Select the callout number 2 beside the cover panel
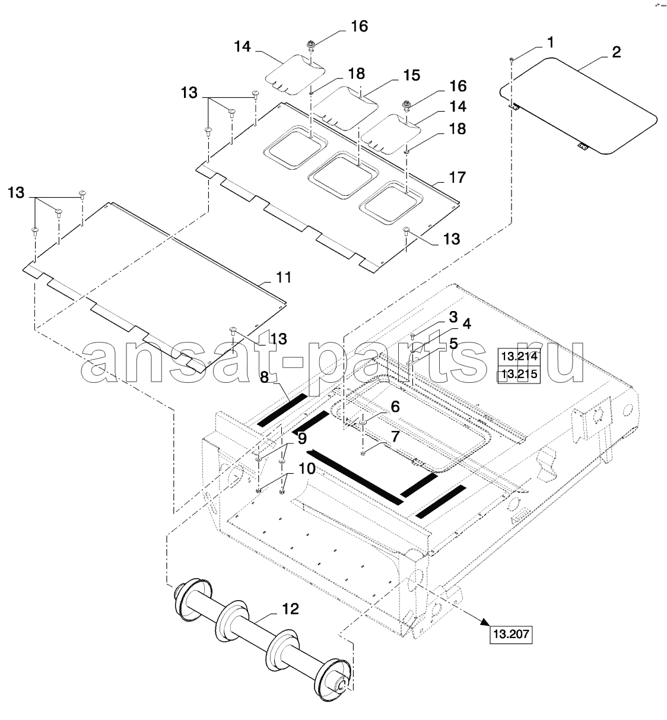click(616, 52)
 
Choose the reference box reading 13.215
click(519, 375)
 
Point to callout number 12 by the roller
click(290, 609)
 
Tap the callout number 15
click(411, 75)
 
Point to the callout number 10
click(306, 468)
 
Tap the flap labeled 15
click(344, 106)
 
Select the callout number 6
click(395, 407)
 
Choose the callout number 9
click(301, 440)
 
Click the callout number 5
click(453, 343)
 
